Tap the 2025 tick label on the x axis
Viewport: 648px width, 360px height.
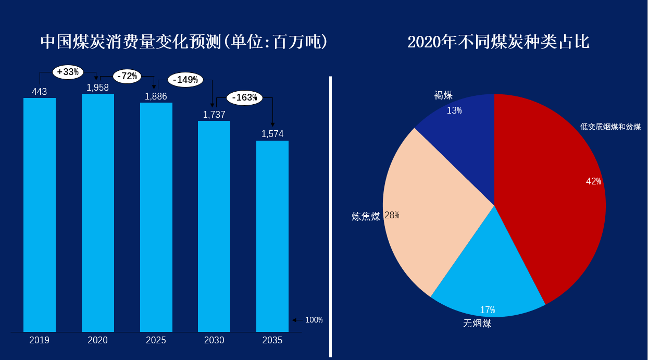[x=156, y=340]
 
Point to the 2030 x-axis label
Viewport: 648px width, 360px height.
[x=214, y=340]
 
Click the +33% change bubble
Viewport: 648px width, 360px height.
[x=68, y=72]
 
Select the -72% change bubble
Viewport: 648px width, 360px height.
[x=127, y=76]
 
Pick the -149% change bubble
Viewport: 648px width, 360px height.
[x=185, y=80]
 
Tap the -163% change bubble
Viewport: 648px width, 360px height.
[x=244, y=97]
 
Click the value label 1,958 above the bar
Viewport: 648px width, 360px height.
[x=98, y=88]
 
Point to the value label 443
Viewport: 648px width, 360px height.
[x=40, y=92]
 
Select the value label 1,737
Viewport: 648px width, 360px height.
[x=214, y=115]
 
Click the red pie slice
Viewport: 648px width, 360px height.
[x=552, y=208]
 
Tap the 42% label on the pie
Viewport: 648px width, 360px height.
[x=593, y=181]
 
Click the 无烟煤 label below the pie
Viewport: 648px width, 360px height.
[x=477, y=324]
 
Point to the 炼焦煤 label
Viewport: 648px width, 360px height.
[x=366, y=217]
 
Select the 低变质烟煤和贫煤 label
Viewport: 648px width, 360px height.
[x=610, y=127]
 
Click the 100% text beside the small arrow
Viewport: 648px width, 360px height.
[x=314, y=320]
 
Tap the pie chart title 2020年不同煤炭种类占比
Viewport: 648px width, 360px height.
[x=498, y=42]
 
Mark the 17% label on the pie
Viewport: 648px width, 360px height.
[x=487, y=310]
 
